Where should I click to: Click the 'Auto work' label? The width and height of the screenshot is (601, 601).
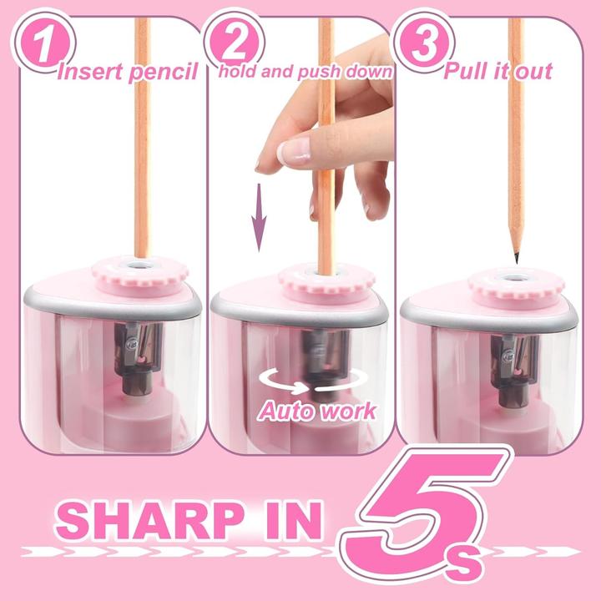click(316, 410)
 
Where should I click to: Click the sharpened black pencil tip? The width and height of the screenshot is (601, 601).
click(517, 253)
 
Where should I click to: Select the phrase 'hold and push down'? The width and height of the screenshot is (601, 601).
click(305, 70)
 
